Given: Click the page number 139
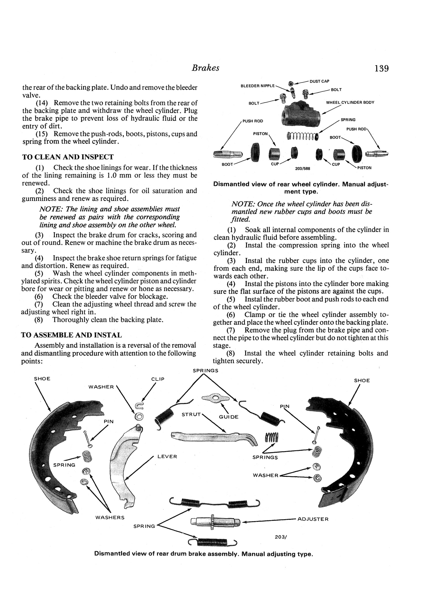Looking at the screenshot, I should coord(381,69).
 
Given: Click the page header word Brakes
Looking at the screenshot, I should coord(206,68).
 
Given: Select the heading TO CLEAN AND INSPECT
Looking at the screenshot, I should coord(68,157).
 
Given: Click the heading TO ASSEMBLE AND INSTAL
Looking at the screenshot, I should coord(72,335).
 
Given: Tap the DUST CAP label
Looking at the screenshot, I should coord(319,81).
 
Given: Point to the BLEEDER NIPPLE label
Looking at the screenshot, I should coord(258,86).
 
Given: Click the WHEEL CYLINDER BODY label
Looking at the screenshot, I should coord(350,102).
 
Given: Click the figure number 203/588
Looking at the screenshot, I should coord(302,168).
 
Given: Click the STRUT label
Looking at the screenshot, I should coord(191,415).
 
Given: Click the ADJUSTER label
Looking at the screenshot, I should coord(313,519).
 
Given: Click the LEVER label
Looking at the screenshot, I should coord(167,457).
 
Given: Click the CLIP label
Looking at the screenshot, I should coord(158,379).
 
